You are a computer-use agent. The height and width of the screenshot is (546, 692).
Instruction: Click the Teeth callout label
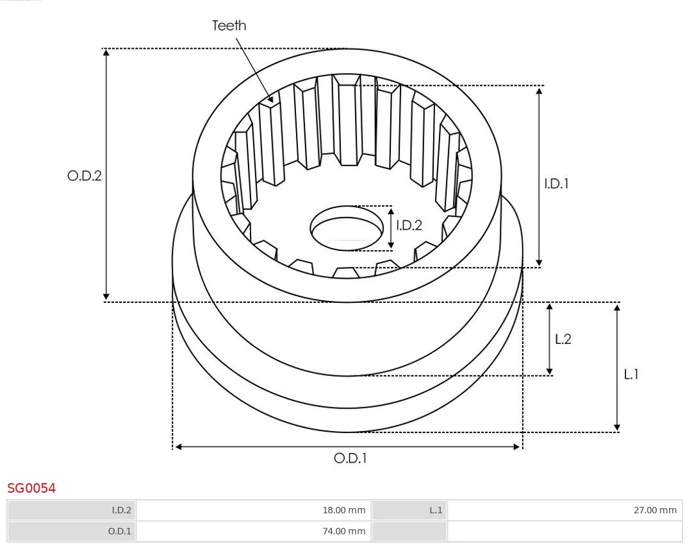coord(229,26)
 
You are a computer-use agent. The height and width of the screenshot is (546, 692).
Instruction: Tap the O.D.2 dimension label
coord(85,176)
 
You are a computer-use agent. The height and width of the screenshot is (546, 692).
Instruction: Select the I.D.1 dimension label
coord(556,183)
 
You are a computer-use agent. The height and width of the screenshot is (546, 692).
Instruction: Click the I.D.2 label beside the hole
coord(409,225)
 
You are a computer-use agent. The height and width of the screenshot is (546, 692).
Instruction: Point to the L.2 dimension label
coord(563,339)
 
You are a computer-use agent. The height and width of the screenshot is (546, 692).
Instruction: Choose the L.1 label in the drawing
coord(631,374)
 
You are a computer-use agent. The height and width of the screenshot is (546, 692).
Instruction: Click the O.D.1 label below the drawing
coord(350,458)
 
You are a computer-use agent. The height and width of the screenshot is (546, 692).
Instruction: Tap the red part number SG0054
coord(31,488)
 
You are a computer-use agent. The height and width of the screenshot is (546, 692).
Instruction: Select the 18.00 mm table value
coord(343,510)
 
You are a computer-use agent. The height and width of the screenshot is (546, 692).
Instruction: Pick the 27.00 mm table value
coord(655,510)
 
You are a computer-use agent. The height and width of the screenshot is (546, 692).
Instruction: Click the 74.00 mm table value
coord(343,531)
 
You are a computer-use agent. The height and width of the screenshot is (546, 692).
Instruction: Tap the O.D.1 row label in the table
coord(119,531)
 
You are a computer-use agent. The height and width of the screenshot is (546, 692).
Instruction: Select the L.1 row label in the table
coord(436,510)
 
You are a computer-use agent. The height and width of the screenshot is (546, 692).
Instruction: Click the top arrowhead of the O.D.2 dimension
coord(106,53)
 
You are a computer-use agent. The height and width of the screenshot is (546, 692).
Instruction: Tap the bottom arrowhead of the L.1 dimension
coord(617,427)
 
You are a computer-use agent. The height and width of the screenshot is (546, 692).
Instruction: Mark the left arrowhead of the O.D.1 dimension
coord(179,447)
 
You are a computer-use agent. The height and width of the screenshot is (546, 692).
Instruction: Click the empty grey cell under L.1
coord(409,531)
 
